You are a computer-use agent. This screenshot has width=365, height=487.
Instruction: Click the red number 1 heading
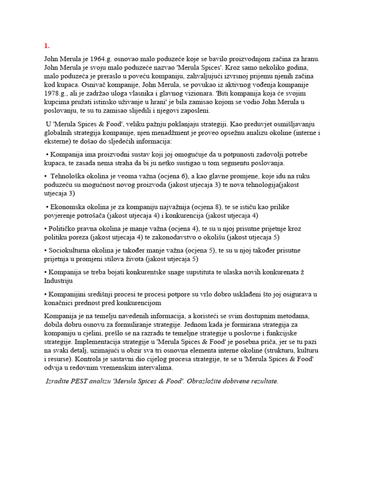point(47,46)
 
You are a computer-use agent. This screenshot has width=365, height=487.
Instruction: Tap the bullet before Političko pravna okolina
point(45,229)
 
